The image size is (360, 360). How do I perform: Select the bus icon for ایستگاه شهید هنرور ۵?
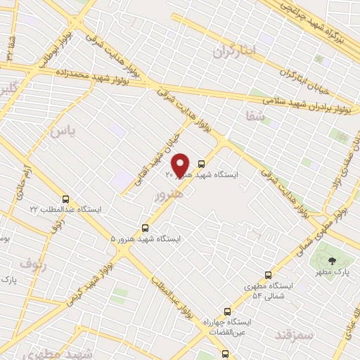(146, 228)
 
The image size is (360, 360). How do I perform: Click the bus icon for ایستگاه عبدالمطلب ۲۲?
(66, 198)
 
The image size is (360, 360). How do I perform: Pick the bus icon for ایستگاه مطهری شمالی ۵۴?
(268, 275)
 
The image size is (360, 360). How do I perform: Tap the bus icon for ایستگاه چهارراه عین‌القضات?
(226, 311)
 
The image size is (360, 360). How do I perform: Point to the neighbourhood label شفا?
(254, 116)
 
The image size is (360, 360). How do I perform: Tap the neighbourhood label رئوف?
(32, 263)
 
